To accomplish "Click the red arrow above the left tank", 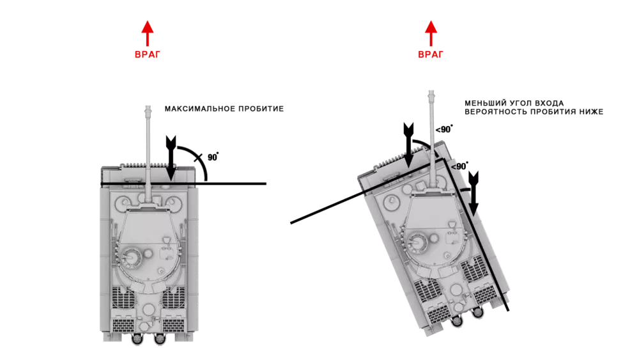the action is click(148, 33).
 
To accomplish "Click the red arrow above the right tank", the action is click(431, 33).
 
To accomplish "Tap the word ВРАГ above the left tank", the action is click(148, 54).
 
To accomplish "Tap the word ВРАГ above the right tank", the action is click(431, 54).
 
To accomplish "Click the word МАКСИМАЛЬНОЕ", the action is click(199, 109).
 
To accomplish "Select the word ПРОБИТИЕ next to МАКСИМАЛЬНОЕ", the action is click(261, 109).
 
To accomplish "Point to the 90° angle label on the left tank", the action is click(213, 157).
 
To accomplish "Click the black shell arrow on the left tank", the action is click(171, 158).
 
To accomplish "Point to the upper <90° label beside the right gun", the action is click(444, 129).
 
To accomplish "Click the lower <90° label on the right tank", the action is click(459, 166).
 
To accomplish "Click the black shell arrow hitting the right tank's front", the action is click(408, 145).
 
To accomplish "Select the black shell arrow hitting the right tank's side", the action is click(473, 194).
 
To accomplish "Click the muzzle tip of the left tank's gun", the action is click(148, 107).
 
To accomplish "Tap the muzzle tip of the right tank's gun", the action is click(431, 92).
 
